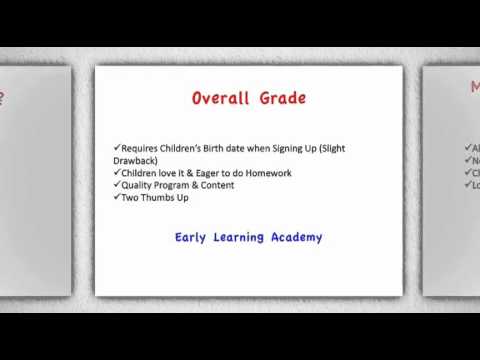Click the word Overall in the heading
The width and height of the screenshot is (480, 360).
pyautogui.click(x=223, y=99)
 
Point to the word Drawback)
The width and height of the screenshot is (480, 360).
pyautogui.click(x=137, y=160)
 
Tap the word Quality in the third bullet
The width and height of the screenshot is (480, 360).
pyautogui.click(x=137, y=185)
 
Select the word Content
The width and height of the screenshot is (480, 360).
pyautogui.click(x=214, y=185)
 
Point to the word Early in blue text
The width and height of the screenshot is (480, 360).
pyautogui.click(x=190, y=238)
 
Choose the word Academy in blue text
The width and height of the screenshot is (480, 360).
pyautogui.click(x=297, y=238)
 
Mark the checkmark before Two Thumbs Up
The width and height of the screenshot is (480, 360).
pyautogui.click(x=116, y=197)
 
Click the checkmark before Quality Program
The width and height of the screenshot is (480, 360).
pyautogui.click(x=116, y=185)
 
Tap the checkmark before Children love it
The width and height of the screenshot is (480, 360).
pyautogui.click(x=116, y=172)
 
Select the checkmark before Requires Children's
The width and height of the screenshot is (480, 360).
pyautogui.click(x=116, y=147)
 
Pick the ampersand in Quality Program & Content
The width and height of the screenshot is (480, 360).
pyautogui.click(x=190, y=185)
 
